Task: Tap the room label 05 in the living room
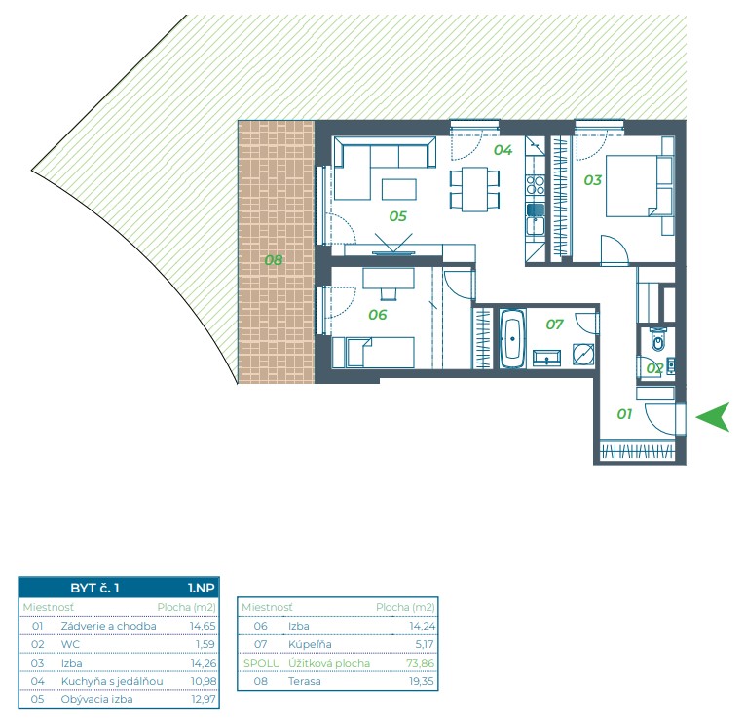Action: pyautogui.click(x=397, y=216)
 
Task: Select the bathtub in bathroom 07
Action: pyautogui.click(x=512, y=338)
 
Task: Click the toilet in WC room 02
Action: pyautogui.click(x=658, y=339)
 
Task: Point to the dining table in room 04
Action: pyautogui.click(x=474, y=189)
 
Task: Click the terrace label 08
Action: pyautogui.click(x=274, y=260)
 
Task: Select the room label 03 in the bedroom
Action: pyautogui.click(x=592, y=180)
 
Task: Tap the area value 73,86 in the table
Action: pyautogui.click(x=420, y=663)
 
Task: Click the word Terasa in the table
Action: pyautogui.click(x=304, y=681)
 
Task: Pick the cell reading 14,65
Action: pyautogui.click(x=203, y=626)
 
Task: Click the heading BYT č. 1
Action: pyautogui.click(x=94, y=589)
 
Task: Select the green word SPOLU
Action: pyautogui.click(x=261, y=663)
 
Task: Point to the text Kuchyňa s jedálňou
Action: pyautogui.click(x=112, y=681)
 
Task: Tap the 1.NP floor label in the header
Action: pyautogui.click(x=202, y=589)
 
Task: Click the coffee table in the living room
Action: pyautogui.click(x=399, y=189)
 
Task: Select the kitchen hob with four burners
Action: pyautogui.click(x=536, y=185)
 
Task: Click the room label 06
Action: pyautogui.click(x=378, y=315)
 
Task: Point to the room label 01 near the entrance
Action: pyautogui.click(x=624, y=414)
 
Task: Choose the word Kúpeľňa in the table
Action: pyautogui.click(x=310, y=644)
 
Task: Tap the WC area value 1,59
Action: pyautogui.click(x=205, y=644)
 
